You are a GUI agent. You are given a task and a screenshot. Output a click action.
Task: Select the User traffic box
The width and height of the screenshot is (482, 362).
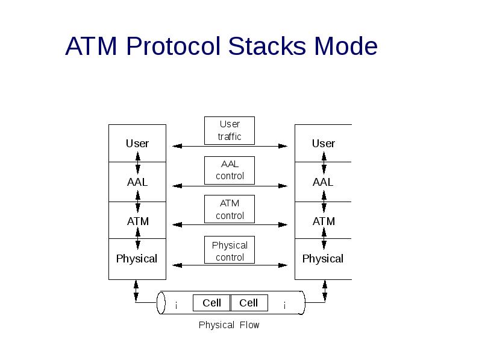coord(230,130)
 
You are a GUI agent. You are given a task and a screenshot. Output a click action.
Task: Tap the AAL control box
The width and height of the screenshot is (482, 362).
coord(230,170)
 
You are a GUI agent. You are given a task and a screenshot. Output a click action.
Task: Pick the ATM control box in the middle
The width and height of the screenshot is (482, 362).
coord(230,209)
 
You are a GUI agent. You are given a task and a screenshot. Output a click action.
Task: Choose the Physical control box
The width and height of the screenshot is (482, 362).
coord(230,250)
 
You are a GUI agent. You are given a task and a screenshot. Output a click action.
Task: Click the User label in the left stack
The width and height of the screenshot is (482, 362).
coord(137,144)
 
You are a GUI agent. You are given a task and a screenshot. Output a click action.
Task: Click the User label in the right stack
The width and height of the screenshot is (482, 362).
coord(324,144)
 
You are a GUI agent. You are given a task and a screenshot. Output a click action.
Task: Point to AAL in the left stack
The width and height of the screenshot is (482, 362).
coord(137,182)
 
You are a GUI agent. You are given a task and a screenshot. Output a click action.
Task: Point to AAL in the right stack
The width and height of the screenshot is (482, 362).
coord(324,182)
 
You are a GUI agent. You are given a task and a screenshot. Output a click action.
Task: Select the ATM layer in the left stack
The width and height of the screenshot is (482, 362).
coord(137,221)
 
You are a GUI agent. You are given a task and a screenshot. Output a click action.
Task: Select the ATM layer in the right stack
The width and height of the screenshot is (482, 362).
coord(324,221)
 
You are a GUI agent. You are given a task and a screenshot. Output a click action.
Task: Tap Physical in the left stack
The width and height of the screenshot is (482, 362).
coord(137,259)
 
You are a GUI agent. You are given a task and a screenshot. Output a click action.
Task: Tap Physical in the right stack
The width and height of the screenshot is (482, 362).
coord(323,259)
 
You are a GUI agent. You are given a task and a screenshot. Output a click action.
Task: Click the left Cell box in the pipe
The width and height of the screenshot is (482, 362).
coord(211,303)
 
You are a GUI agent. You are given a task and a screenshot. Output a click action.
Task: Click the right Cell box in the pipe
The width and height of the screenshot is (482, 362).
coord(249,303)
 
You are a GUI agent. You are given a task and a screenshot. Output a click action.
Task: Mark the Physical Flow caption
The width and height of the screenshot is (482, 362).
coord(229,325)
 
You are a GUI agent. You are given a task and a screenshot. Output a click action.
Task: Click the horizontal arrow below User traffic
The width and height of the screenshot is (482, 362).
coord(230,146)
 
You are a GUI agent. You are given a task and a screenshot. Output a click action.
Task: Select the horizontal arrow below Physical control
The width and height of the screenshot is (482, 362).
coord(230,265)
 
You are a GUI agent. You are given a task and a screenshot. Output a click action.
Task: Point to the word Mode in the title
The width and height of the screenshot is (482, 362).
coord(346,46)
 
